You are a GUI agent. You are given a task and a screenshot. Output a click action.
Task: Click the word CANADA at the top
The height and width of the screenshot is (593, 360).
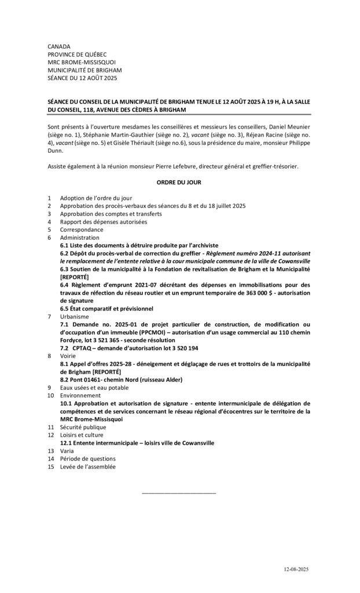point(59,46)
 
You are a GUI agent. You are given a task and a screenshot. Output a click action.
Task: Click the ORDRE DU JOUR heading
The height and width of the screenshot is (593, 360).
point(179,182)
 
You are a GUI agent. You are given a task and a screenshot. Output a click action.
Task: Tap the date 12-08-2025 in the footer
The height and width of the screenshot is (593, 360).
point(296,570)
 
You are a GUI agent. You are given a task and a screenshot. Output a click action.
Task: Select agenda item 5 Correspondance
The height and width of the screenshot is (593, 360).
point(82,229)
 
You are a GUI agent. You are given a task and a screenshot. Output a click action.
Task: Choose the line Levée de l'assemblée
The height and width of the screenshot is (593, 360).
point(87,466)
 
